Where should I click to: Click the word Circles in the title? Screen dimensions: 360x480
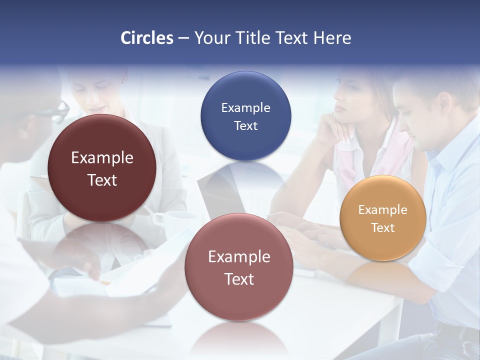(x=146, y=38)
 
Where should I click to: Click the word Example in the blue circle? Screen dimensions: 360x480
(x=245, y=108)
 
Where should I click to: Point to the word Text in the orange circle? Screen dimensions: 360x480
(x=383, y=228)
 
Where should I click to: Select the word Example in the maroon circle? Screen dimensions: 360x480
(x=102, y=158)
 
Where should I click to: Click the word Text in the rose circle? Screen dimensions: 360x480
(x=239, y=279)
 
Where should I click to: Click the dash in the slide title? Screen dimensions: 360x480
(x=183, y=38)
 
